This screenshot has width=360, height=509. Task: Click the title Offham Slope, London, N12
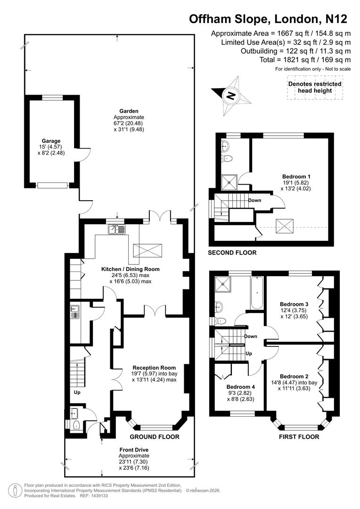[x=268, y=19]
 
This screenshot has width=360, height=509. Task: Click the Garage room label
[x=51, y=141]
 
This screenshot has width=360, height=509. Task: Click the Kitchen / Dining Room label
[x=131, y=269]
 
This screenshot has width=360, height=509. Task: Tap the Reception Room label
[x=154, y=368]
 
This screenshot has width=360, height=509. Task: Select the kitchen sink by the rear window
[x=116, y=230]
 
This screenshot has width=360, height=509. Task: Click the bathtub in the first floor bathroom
[x=257, y=293]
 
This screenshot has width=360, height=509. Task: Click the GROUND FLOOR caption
[x=155, y=437]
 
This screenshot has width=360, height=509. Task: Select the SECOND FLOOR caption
[x=232, y=253]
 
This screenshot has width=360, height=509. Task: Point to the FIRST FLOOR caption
[x=299, y=437]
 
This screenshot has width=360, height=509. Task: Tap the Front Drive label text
[x=134, y=450]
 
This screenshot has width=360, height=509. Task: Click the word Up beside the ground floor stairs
[x=77, y=392]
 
